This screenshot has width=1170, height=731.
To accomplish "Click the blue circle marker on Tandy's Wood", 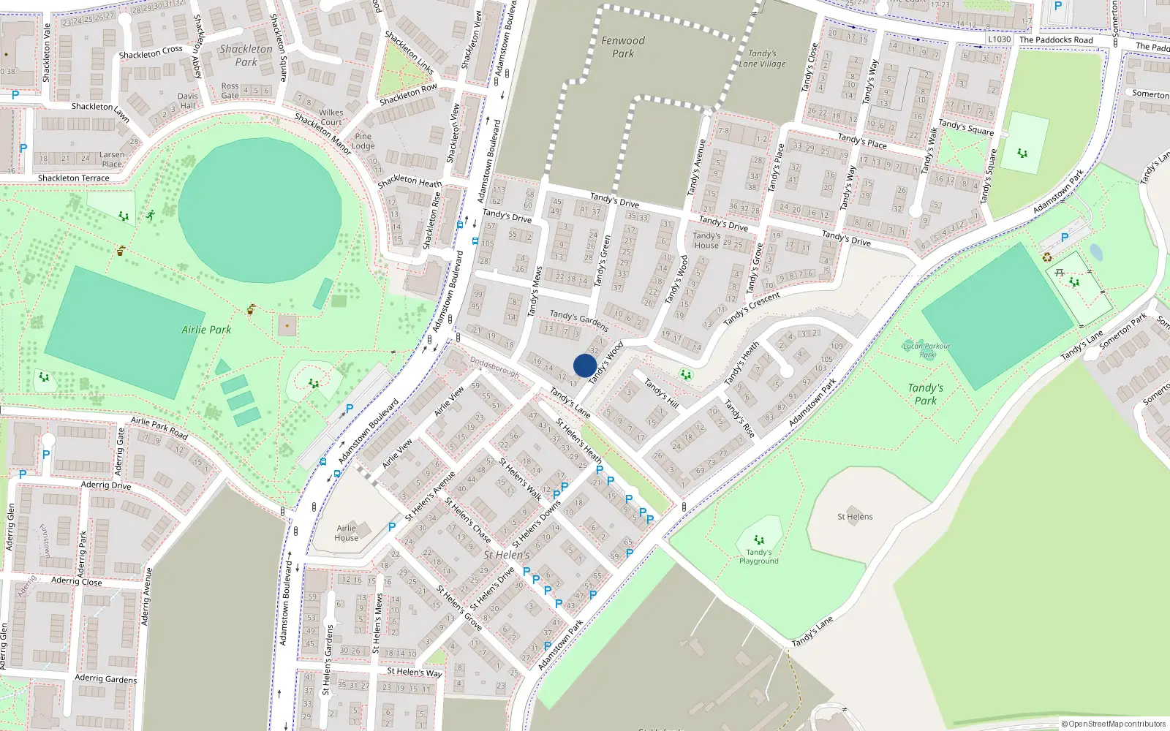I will tap(585, 365).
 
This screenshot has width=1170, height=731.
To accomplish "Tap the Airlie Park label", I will tap(206, 330).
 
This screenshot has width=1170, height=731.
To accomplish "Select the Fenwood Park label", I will tap(623, 47).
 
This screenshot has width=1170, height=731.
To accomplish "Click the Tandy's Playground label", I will tap(758, 557).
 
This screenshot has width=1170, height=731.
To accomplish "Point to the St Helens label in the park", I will tap(855, 517).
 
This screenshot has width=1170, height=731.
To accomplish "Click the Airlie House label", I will tap(347, 533).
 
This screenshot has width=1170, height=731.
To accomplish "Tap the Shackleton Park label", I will tap(246, 56).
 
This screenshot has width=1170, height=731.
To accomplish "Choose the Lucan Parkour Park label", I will tap(926, 350).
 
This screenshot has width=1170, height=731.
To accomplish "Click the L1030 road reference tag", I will tap(999, 39).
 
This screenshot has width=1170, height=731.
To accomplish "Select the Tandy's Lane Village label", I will tap(762, 58).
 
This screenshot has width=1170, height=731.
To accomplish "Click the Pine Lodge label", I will tap(363, 141).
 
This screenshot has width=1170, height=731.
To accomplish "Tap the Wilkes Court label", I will tap(331, 117).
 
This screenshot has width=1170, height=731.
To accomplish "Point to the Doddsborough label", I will tap(494, 367).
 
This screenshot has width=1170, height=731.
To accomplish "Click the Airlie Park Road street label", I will tap(159, 428).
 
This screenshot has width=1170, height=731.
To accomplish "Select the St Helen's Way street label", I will tap(414, 672).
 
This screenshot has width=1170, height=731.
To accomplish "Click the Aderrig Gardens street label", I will tap(105, 678).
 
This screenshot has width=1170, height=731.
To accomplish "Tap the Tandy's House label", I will tap(706, 240).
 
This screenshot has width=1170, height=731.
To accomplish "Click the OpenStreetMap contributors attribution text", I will tap(1113, 724).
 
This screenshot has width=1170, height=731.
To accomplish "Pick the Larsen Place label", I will tap(112, 159).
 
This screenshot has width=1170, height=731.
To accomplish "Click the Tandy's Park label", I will tap(926, 394).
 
